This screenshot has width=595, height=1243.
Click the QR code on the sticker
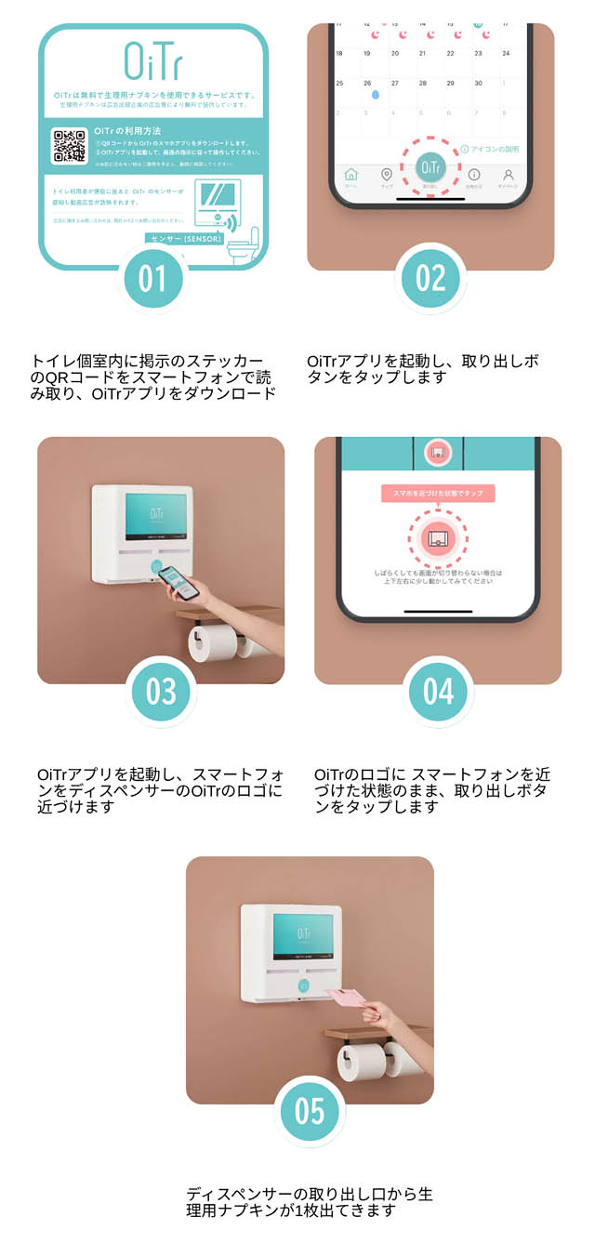(x=69, y=147)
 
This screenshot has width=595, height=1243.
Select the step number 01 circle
(x=152, y=279)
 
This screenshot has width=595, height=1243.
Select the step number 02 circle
(x=430, y=279)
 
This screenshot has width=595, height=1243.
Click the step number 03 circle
(x=161, y=691)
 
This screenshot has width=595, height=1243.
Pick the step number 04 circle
(x=438, y=691)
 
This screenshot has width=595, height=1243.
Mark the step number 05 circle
(x=310, y=1111)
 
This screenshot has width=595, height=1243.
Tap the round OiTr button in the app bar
(x=430, y=166)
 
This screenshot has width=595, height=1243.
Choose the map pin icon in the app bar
(x=387, y=175)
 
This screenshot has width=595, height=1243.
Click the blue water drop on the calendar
(x=375, y=94)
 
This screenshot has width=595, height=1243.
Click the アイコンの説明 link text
(x=494, y=149)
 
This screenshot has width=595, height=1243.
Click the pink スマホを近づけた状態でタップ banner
(x=438, y=494)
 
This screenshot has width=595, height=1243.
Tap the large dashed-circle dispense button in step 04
(x=438, y=536)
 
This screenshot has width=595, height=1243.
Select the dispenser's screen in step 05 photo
(x=303, y=935)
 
